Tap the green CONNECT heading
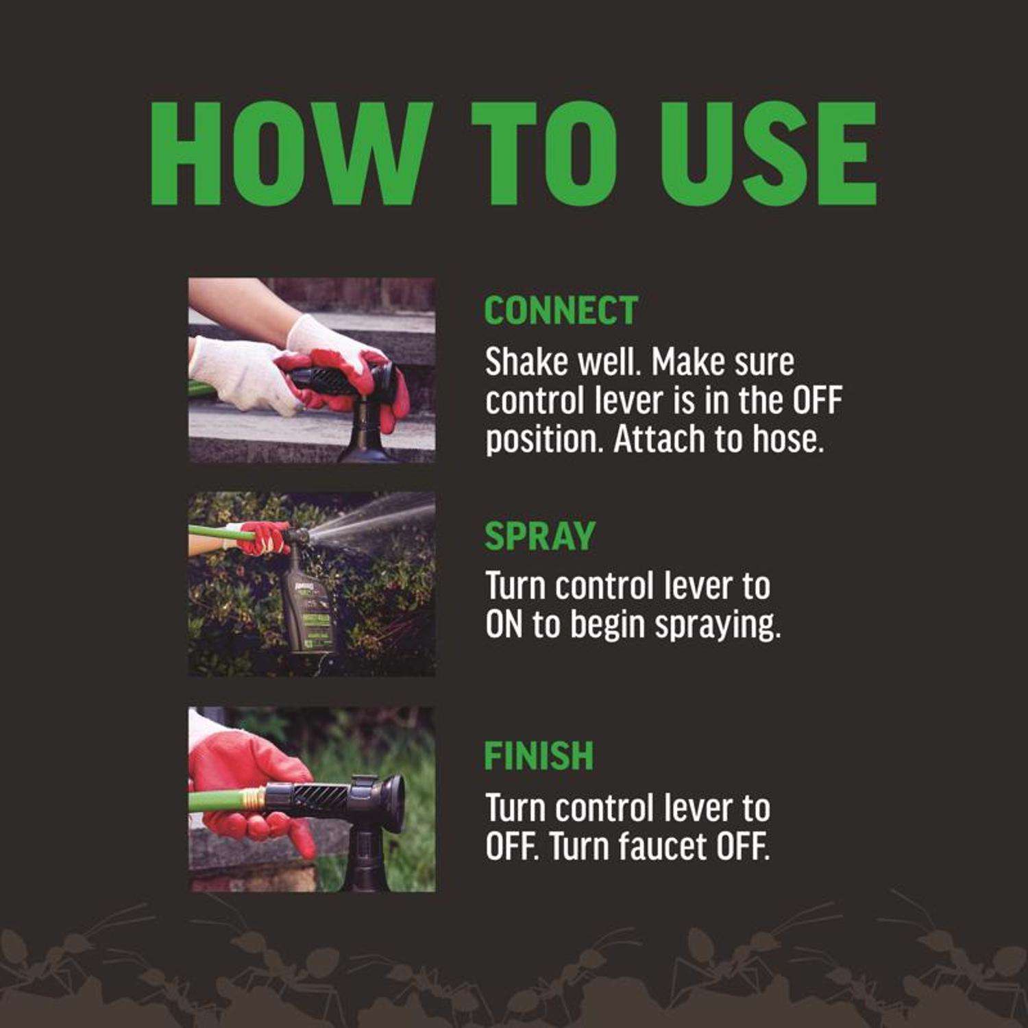coord(561,310)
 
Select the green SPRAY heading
coord(539,536)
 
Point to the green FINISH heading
coord(539,756)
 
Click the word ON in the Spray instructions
coord(504,624)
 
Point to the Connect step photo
coord(312,370)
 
